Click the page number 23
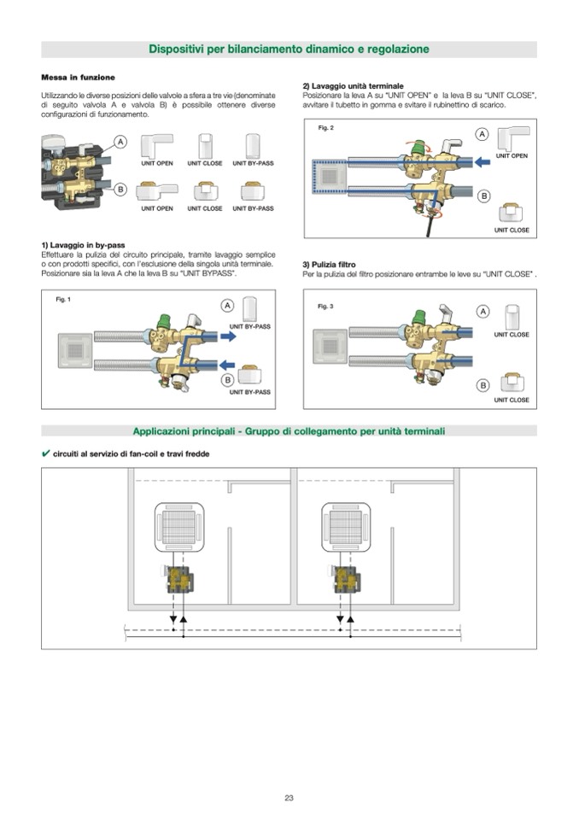(289, 798)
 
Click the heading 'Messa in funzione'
(78, 77)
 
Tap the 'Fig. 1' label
(63, 300)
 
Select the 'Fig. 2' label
(325, 128)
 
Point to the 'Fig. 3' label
(325, 306)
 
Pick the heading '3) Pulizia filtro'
(329, 265)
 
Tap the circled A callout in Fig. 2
(482, 134)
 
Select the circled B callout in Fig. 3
(482, 385)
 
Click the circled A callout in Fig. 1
(228, 306)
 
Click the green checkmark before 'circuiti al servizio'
(46, 453)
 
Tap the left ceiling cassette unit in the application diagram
(178, 527)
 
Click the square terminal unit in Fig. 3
(330, 346)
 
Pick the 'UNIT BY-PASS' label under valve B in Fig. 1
(250, 392)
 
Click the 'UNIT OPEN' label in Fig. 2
(512, 156)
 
